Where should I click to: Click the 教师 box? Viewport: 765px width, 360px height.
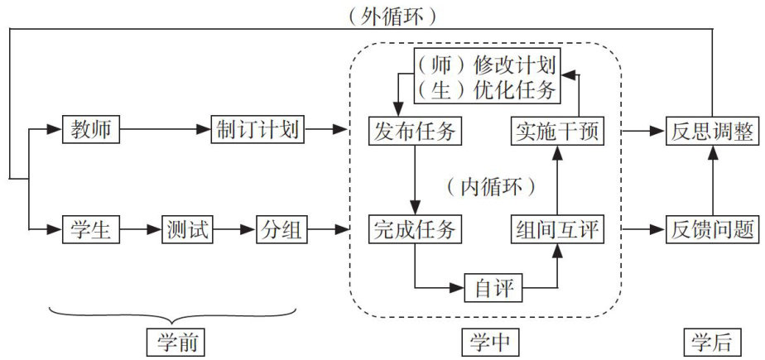tap(91, 130)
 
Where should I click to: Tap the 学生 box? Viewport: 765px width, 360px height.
tap(91, 228)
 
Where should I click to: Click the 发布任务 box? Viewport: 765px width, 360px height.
tap(414, 130)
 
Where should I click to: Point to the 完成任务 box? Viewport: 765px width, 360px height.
tap(414, 228)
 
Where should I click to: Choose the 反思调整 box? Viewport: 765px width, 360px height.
tap(711, 130)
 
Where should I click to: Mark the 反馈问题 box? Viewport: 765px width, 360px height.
tap(711, 228)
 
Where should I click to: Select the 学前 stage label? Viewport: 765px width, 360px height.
tap(175, 341)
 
